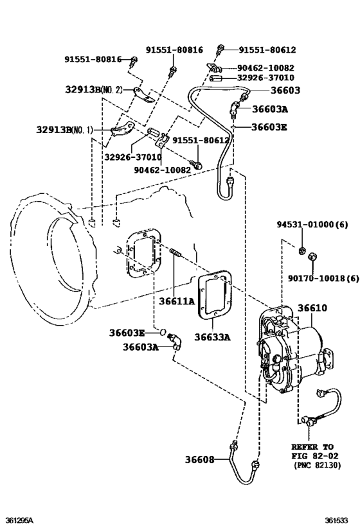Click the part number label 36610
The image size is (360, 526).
(x=312, y=308)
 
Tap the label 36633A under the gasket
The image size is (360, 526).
(x=213, y=337)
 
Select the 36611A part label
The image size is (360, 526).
(x=177, y=301)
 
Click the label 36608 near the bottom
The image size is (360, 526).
(x=199, y=459)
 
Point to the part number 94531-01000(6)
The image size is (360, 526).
(x=312, y=224)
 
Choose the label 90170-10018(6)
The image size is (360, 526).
(x=324, y=278)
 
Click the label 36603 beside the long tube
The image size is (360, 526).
(x=285, y=90)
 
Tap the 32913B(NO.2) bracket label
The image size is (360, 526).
(x=94, y=89)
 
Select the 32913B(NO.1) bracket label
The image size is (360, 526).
(x=64, y=130)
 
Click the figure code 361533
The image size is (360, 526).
(x=336, y=520)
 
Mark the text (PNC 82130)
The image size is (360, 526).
(x=318, y=465)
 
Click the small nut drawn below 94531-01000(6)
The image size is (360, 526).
(x=302, y=250)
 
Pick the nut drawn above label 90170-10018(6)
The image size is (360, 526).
(x=312, y=256)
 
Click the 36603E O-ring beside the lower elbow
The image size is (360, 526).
(x=163, y=332)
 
